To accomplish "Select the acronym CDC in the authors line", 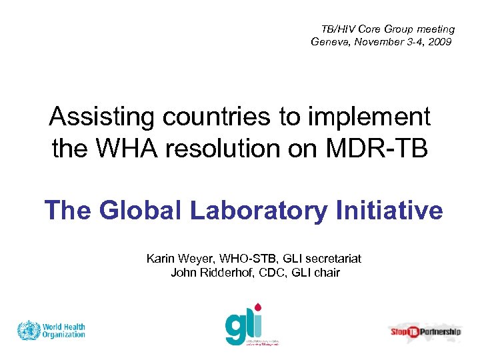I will [272, 272].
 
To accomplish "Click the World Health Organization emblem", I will [29, 331].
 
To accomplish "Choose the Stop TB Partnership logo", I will [425, 331].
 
